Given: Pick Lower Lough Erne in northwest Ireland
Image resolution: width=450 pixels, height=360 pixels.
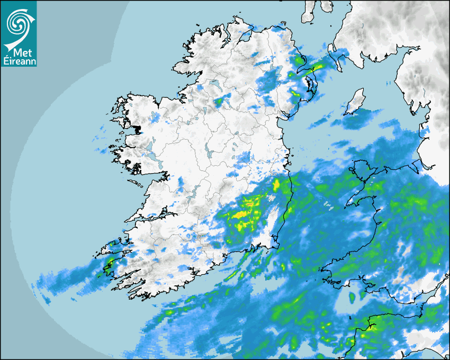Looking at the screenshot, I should point(214,85).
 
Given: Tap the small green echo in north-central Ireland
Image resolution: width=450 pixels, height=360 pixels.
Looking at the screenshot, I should point(219,101).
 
